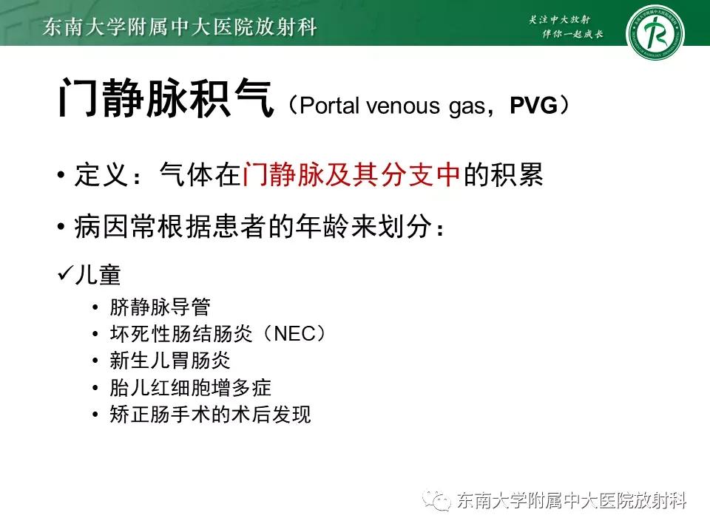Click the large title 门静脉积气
165,100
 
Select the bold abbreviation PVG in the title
533,106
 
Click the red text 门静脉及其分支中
351,174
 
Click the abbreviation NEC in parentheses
294,334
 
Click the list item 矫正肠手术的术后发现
210,415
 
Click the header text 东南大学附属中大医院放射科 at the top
180,27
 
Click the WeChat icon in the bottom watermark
440,501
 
